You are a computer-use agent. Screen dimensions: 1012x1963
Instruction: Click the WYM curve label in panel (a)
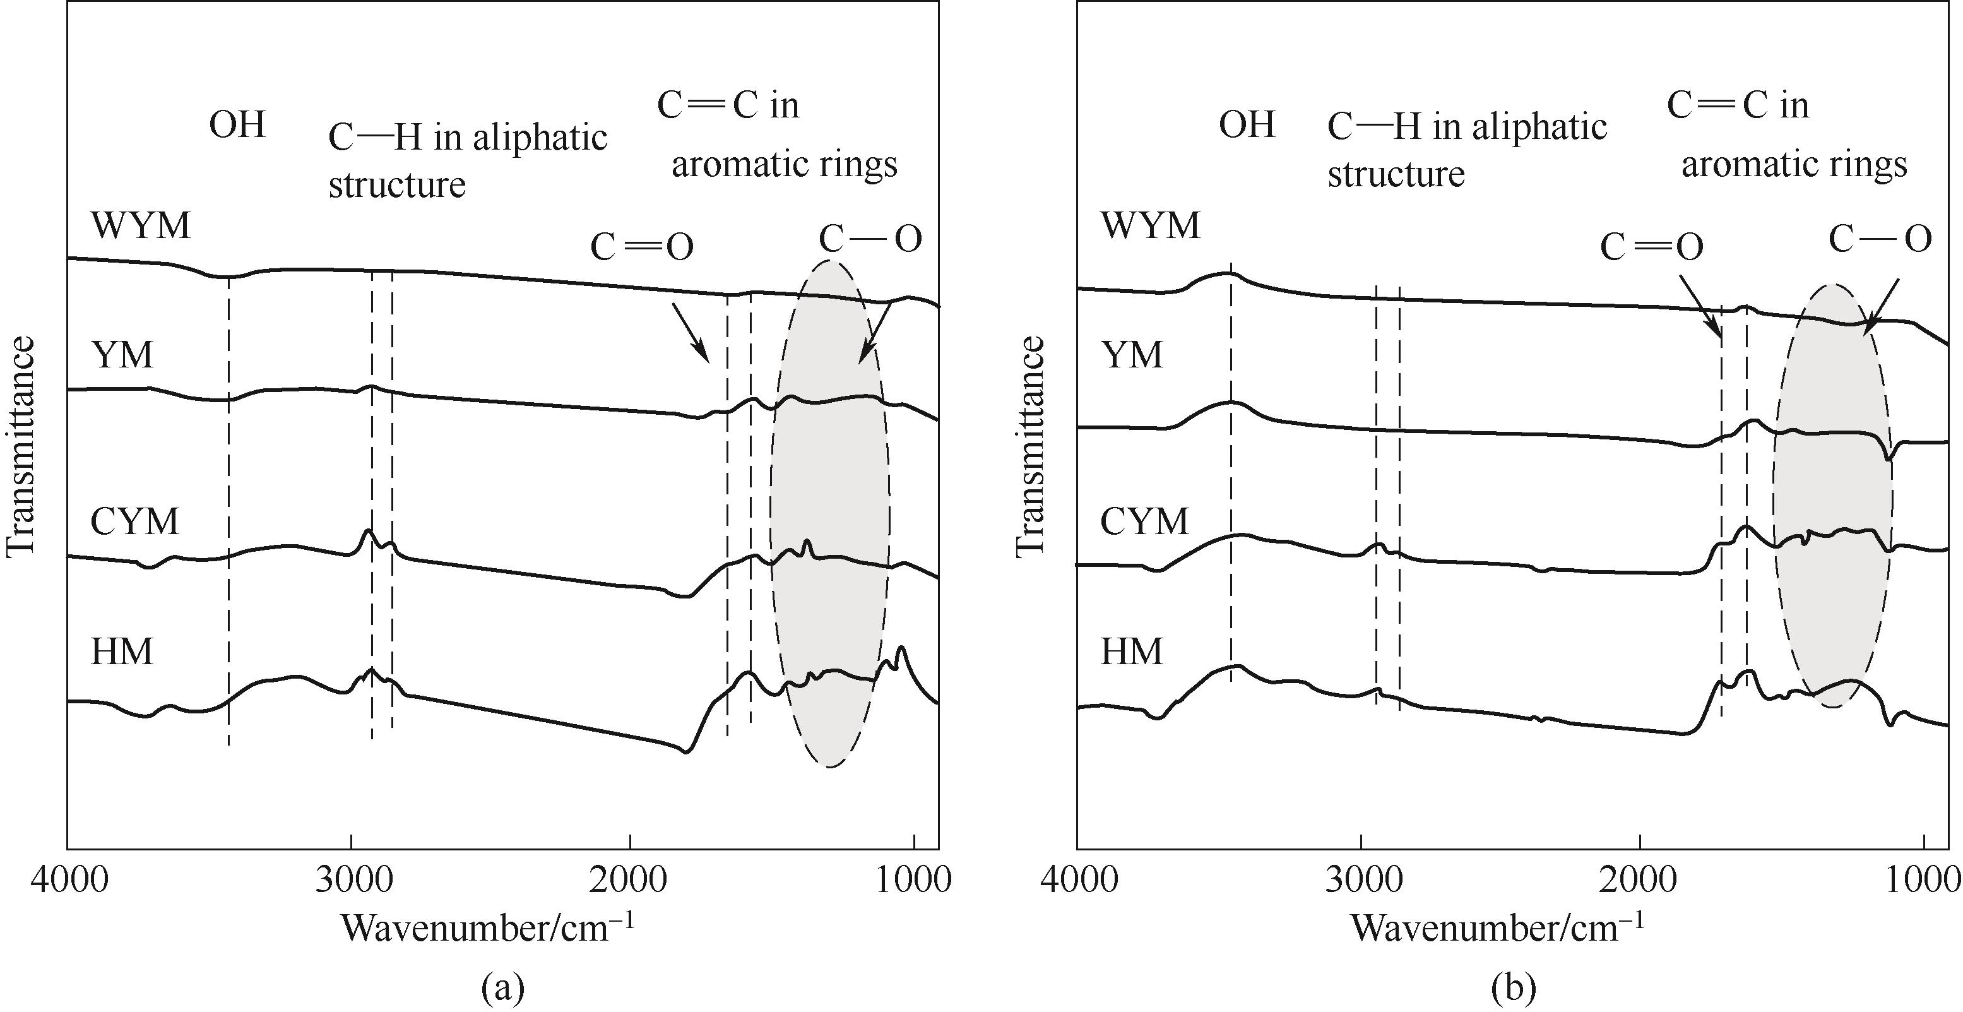pyautogui.click(x=140, y=227)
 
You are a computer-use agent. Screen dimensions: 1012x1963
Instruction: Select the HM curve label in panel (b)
pyautogui.click(x=1132, y=652)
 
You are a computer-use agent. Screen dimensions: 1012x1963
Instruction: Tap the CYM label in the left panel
pyautogui.click(x=135, y=521)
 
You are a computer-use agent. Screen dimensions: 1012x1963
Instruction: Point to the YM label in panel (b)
pyautogui.click(x=1132, y=355)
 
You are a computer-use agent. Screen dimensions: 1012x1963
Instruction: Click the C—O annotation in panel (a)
pyautogui.click(x=870, y=239)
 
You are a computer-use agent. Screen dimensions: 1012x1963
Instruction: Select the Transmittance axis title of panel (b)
pyautogui.click(x=1029, y=446)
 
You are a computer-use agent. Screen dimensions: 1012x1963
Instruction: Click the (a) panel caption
pyautogui.click(x=503, y=989)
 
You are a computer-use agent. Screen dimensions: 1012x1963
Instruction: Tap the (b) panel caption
pyautogui.click(x=1512, y=989)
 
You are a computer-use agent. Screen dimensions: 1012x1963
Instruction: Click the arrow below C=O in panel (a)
pyautogui.click(x=691, y=333)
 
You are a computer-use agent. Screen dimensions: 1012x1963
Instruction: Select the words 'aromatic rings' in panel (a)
pyautogui.click(x=784, y=165)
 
